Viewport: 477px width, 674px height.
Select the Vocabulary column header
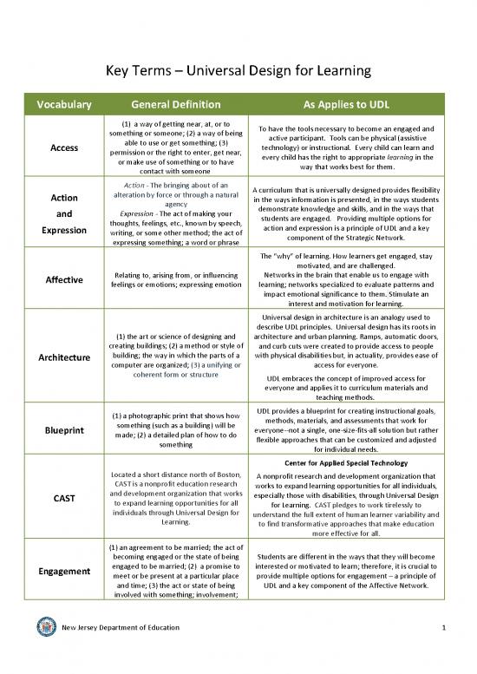tap(63, 102)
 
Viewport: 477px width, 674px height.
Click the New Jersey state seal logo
tap(45, 626)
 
